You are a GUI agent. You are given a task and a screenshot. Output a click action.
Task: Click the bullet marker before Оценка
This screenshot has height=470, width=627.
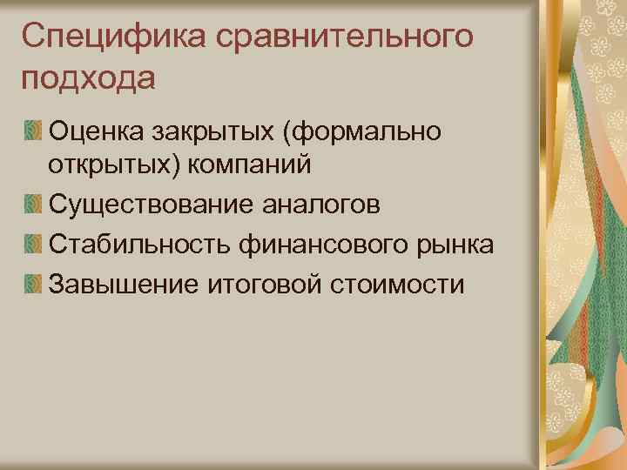coord(32,131)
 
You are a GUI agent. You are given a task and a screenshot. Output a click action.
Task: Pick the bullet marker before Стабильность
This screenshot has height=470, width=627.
coord(32,245)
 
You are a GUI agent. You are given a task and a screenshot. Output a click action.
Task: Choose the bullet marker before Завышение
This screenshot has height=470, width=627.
coord(32,283)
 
